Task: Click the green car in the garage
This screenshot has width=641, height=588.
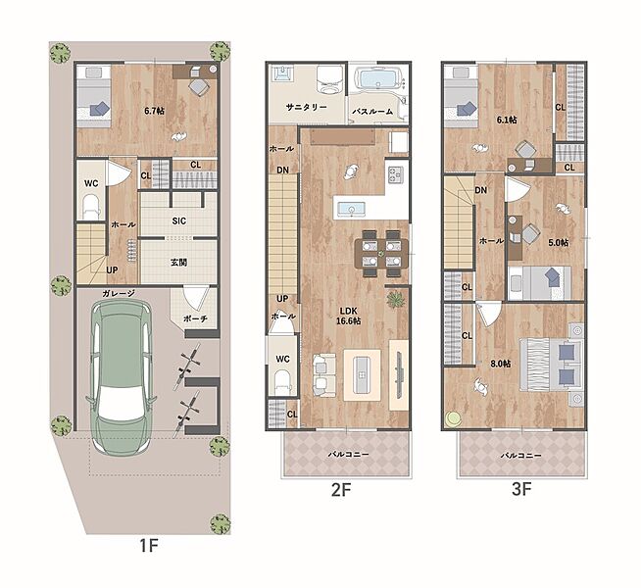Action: (x=121, y=378)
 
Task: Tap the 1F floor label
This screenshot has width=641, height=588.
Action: (x=148, y=545)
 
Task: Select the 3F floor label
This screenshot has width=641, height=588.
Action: (x=521, y=489)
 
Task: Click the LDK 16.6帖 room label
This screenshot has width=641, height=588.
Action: (x=348, y=317)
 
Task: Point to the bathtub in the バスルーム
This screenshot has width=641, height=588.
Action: (x=376, y=78)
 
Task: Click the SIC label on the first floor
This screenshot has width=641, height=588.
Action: (x=179, y=221)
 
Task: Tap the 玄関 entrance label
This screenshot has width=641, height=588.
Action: (x=179, y=263)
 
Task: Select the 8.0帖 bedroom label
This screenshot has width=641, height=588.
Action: (x=501, y=364)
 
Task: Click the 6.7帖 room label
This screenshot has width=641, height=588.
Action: (x=155, y=111)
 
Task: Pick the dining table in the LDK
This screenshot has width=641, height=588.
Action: (x=382, y=254)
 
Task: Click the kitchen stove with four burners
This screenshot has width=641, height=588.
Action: (x=395, y=174)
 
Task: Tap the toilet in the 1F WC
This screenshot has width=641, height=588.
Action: (x=91, y=208)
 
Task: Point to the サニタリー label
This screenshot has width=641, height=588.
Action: (x=306, y=107)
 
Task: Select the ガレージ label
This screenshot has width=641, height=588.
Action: (x=119, y=293)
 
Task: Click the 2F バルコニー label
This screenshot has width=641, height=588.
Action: (x=348, y=454)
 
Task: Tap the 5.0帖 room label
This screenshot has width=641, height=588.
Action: (x=558, y=242)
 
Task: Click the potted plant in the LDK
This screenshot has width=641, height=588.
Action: (x=395, y=300)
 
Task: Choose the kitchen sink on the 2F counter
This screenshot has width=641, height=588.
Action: (x=351, y=210)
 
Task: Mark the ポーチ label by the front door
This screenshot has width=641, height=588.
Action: (x=195, y=319)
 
